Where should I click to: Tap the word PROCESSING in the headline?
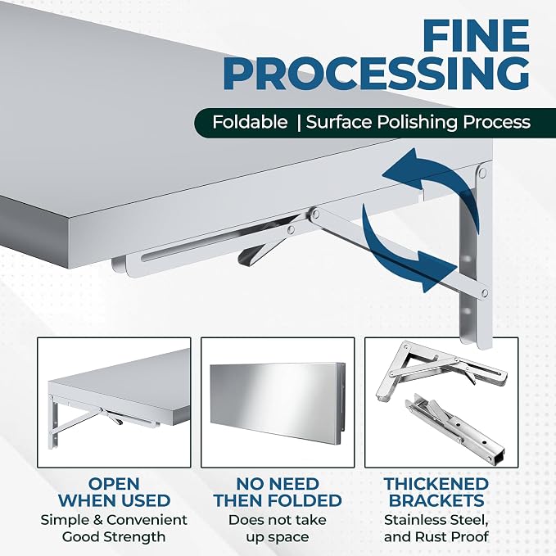click(376, 74)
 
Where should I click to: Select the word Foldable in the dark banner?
click(250, 122)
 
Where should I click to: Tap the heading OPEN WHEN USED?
click(114, 492)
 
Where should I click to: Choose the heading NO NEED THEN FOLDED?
click(278, 492)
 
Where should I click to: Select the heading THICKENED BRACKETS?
click(436, 492)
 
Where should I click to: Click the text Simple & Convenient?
click(114, 520)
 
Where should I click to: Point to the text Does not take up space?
click(278, 528)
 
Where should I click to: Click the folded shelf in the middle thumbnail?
click(278, 400)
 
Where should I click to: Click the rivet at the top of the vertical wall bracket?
click(482, 173)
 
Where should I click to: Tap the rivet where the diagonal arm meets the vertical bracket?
click(485, 293)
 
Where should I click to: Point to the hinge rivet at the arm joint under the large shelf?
click(315, 214)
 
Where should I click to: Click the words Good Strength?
click(114, 537)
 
